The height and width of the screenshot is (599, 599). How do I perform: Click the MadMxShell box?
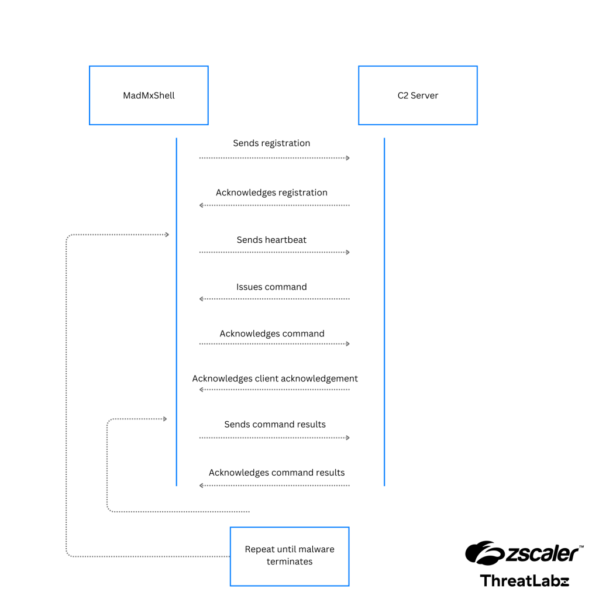click(149, 95)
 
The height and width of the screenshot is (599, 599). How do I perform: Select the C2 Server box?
click(418, 95)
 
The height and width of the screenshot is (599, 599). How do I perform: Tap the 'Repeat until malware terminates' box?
click(290, 556)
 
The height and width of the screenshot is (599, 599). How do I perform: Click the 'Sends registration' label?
click(271, 143)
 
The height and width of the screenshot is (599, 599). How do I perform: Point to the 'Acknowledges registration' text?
click(271, 192)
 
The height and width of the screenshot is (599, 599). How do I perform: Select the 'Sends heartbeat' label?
click(271, 240)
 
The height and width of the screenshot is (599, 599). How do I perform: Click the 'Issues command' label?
click(271, 287)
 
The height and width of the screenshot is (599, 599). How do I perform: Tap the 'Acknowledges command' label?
click(272, 333)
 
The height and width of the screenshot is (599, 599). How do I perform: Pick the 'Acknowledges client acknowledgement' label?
click(275, 378)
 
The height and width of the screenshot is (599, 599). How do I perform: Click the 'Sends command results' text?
click(275, 424)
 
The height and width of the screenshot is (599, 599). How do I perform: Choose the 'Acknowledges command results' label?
click(277, 472)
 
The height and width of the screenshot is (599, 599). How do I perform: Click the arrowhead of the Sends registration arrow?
click(347, 158)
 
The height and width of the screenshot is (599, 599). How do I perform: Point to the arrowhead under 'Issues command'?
click(202, 299)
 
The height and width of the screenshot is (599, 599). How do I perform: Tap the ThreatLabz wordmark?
click(524, 580)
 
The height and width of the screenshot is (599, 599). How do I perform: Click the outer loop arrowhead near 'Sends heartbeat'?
click(167, 235)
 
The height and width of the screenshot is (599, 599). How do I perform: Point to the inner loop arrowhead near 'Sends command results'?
click(165, 419)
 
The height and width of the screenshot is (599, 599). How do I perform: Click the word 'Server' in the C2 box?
click(425, 95)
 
